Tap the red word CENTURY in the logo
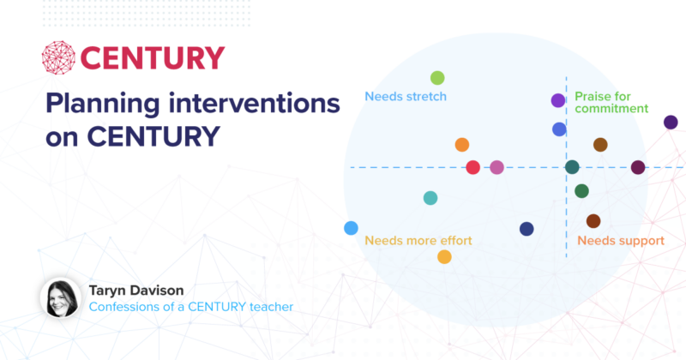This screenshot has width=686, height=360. [x=153, y=57]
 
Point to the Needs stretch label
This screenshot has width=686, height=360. [x=406, y=96]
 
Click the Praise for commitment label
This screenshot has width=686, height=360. [x=611, y=103]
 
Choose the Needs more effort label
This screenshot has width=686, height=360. [x=418, y=241]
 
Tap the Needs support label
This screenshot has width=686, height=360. [x=621, y=241]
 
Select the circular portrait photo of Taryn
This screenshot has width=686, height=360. [x=60, y=297]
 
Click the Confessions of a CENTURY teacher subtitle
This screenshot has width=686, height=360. [x=191, y=307]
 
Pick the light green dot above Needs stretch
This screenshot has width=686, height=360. [x=437, y=78]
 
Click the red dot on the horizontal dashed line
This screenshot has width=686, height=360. [x=472, y=167]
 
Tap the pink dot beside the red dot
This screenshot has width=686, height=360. [x=496, y=167]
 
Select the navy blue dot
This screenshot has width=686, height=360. [x=527, y=229]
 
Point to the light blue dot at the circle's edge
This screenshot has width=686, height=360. [x=351, y=228]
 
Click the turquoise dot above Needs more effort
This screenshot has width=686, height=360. [x=430, y=198]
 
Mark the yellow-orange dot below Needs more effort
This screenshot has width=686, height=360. [x=444, y=256]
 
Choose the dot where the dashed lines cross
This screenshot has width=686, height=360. [x=572, y=167]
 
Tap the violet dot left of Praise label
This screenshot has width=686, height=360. [x=557, y=101]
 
